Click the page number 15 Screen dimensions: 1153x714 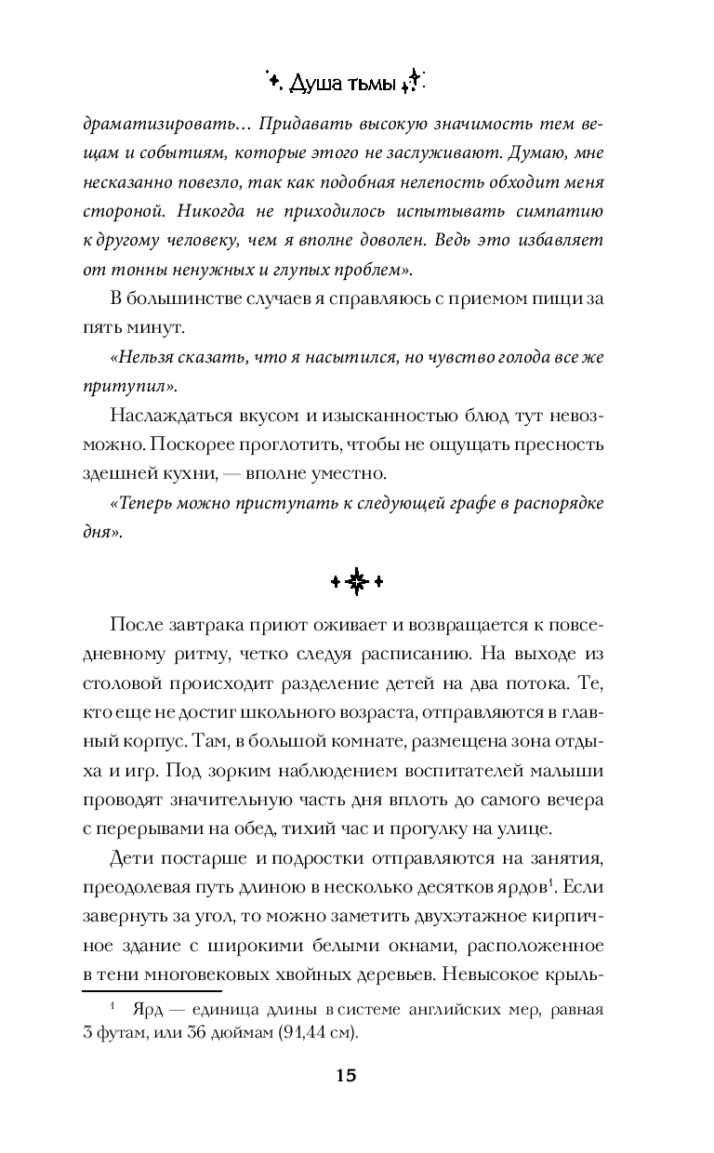click(x=345, y=1076)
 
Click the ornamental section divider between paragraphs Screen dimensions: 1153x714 click(x=357, y=582)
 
